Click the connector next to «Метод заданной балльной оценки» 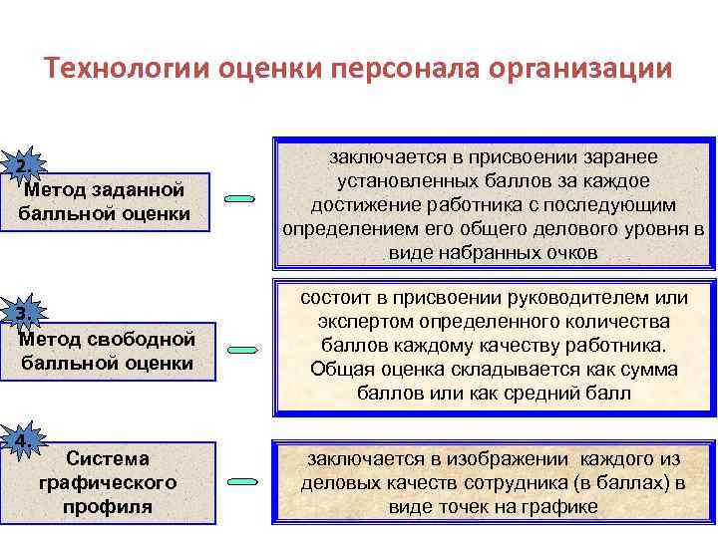pyautogui.click(x=240, y=199)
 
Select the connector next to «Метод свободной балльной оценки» pyautogui.click(x=240, y=350)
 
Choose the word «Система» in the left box pyautogui.click(x=107, y=459)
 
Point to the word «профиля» pyautogui.click(x=107, y=505)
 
